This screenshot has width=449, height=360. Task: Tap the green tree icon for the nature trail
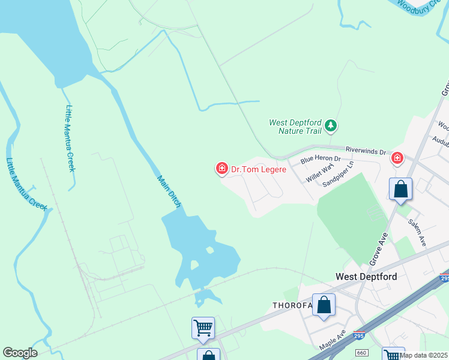click(x=330, y=126)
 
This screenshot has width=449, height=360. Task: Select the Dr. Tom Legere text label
click(x=259, y=169)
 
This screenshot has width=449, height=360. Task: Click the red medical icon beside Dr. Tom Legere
click(x=221, y=169)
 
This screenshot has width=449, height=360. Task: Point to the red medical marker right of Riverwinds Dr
click(x=397, y=158)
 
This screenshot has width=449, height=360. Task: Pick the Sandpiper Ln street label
click(x=339, y=172)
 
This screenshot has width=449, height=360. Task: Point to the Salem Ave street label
click(x=417, y=232)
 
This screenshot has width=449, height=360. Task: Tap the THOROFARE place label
click(x=293, y=305)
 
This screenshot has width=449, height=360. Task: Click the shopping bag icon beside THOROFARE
click(x=324, y=305)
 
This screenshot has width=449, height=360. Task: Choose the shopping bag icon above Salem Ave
click(x=400, y=190)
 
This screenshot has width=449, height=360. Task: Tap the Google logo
click(x=20, y=353)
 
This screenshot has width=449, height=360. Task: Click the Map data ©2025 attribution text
click(x=423, y=355)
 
